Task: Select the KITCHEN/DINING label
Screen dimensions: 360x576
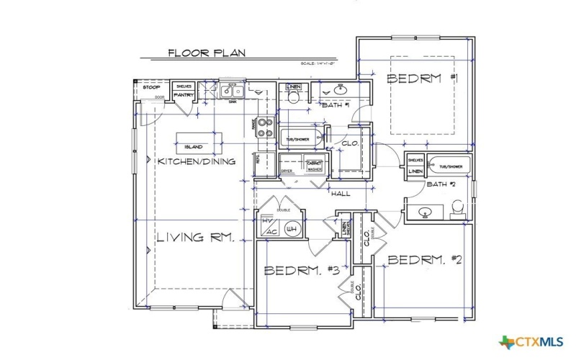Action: coord(197,161)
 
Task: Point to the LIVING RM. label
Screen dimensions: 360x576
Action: coord(194,238)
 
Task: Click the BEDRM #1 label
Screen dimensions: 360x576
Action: coord(423,78)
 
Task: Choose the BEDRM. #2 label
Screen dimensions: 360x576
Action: coord(428,260)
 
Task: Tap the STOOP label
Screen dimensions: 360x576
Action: coord(151,87)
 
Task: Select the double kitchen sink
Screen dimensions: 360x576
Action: coord(233,92)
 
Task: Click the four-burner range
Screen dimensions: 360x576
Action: coord(265,127)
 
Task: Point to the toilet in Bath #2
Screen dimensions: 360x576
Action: coord(456,209)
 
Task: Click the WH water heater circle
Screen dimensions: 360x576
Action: coord(292,230)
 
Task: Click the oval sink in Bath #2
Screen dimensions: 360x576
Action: coord(426,212)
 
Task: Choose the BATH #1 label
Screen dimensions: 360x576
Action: coord(336,106)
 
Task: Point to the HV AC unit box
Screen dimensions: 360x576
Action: coord(270,227)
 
